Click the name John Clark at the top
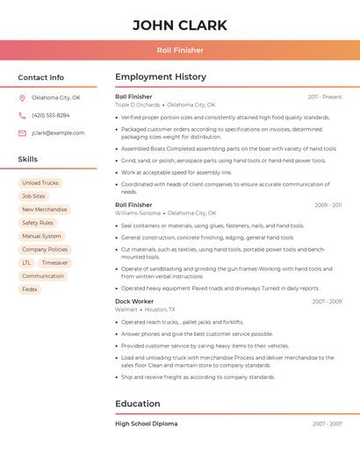pos(180,25)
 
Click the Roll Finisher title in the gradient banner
pos(180,51)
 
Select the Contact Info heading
pos(40,77)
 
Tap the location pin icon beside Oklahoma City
pos(22,97)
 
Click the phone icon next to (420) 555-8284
pos(22,115)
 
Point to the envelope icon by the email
pos(22,133)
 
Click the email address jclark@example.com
pos(58,133)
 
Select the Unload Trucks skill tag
pos(40,183)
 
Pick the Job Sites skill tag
pos(33,197)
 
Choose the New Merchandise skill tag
pos(45,210)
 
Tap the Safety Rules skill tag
pos(38,223)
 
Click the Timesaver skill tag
pos(54,262)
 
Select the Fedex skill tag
pos(30,289)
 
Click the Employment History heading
pos(161,77)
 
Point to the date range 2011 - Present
pos(324,97)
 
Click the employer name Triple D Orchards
pos(138,104)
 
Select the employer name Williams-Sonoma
pos(138,213)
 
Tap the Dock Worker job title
pos(134,301)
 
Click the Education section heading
pos(138,404)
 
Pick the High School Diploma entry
pos(146,424)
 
